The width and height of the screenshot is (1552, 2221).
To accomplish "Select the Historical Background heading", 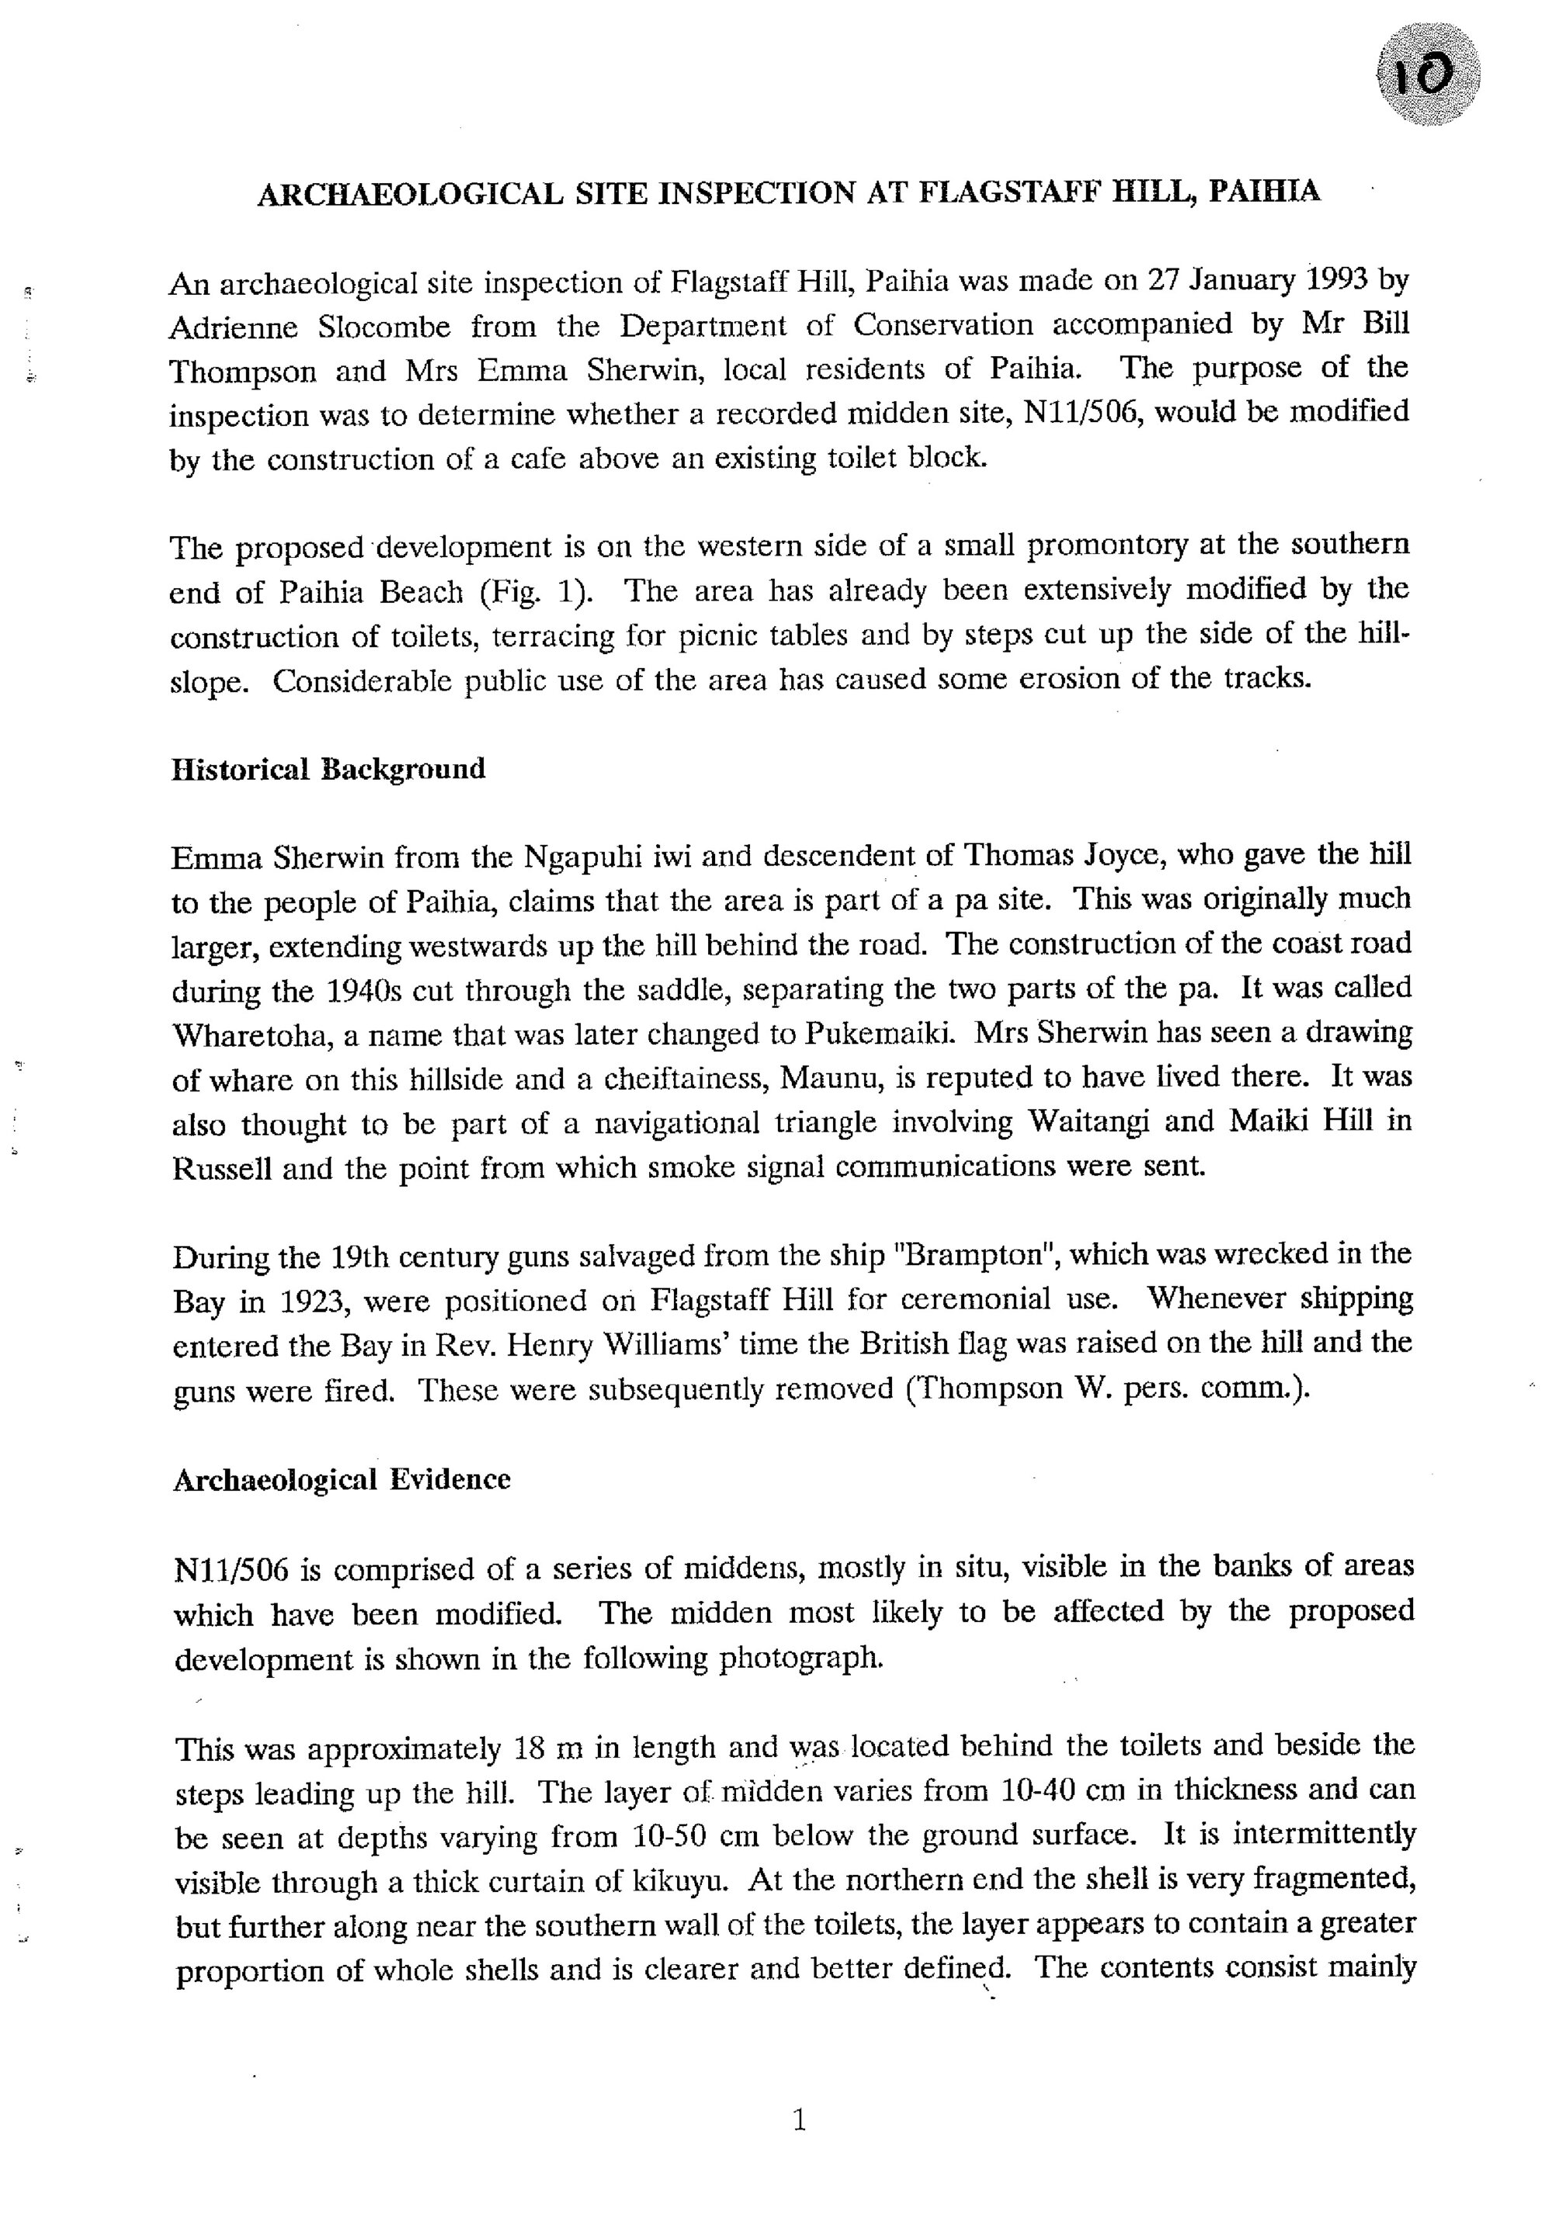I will [328, 769].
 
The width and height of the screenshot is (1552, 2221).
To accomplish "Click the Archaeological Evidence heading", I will [341, 1480].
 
